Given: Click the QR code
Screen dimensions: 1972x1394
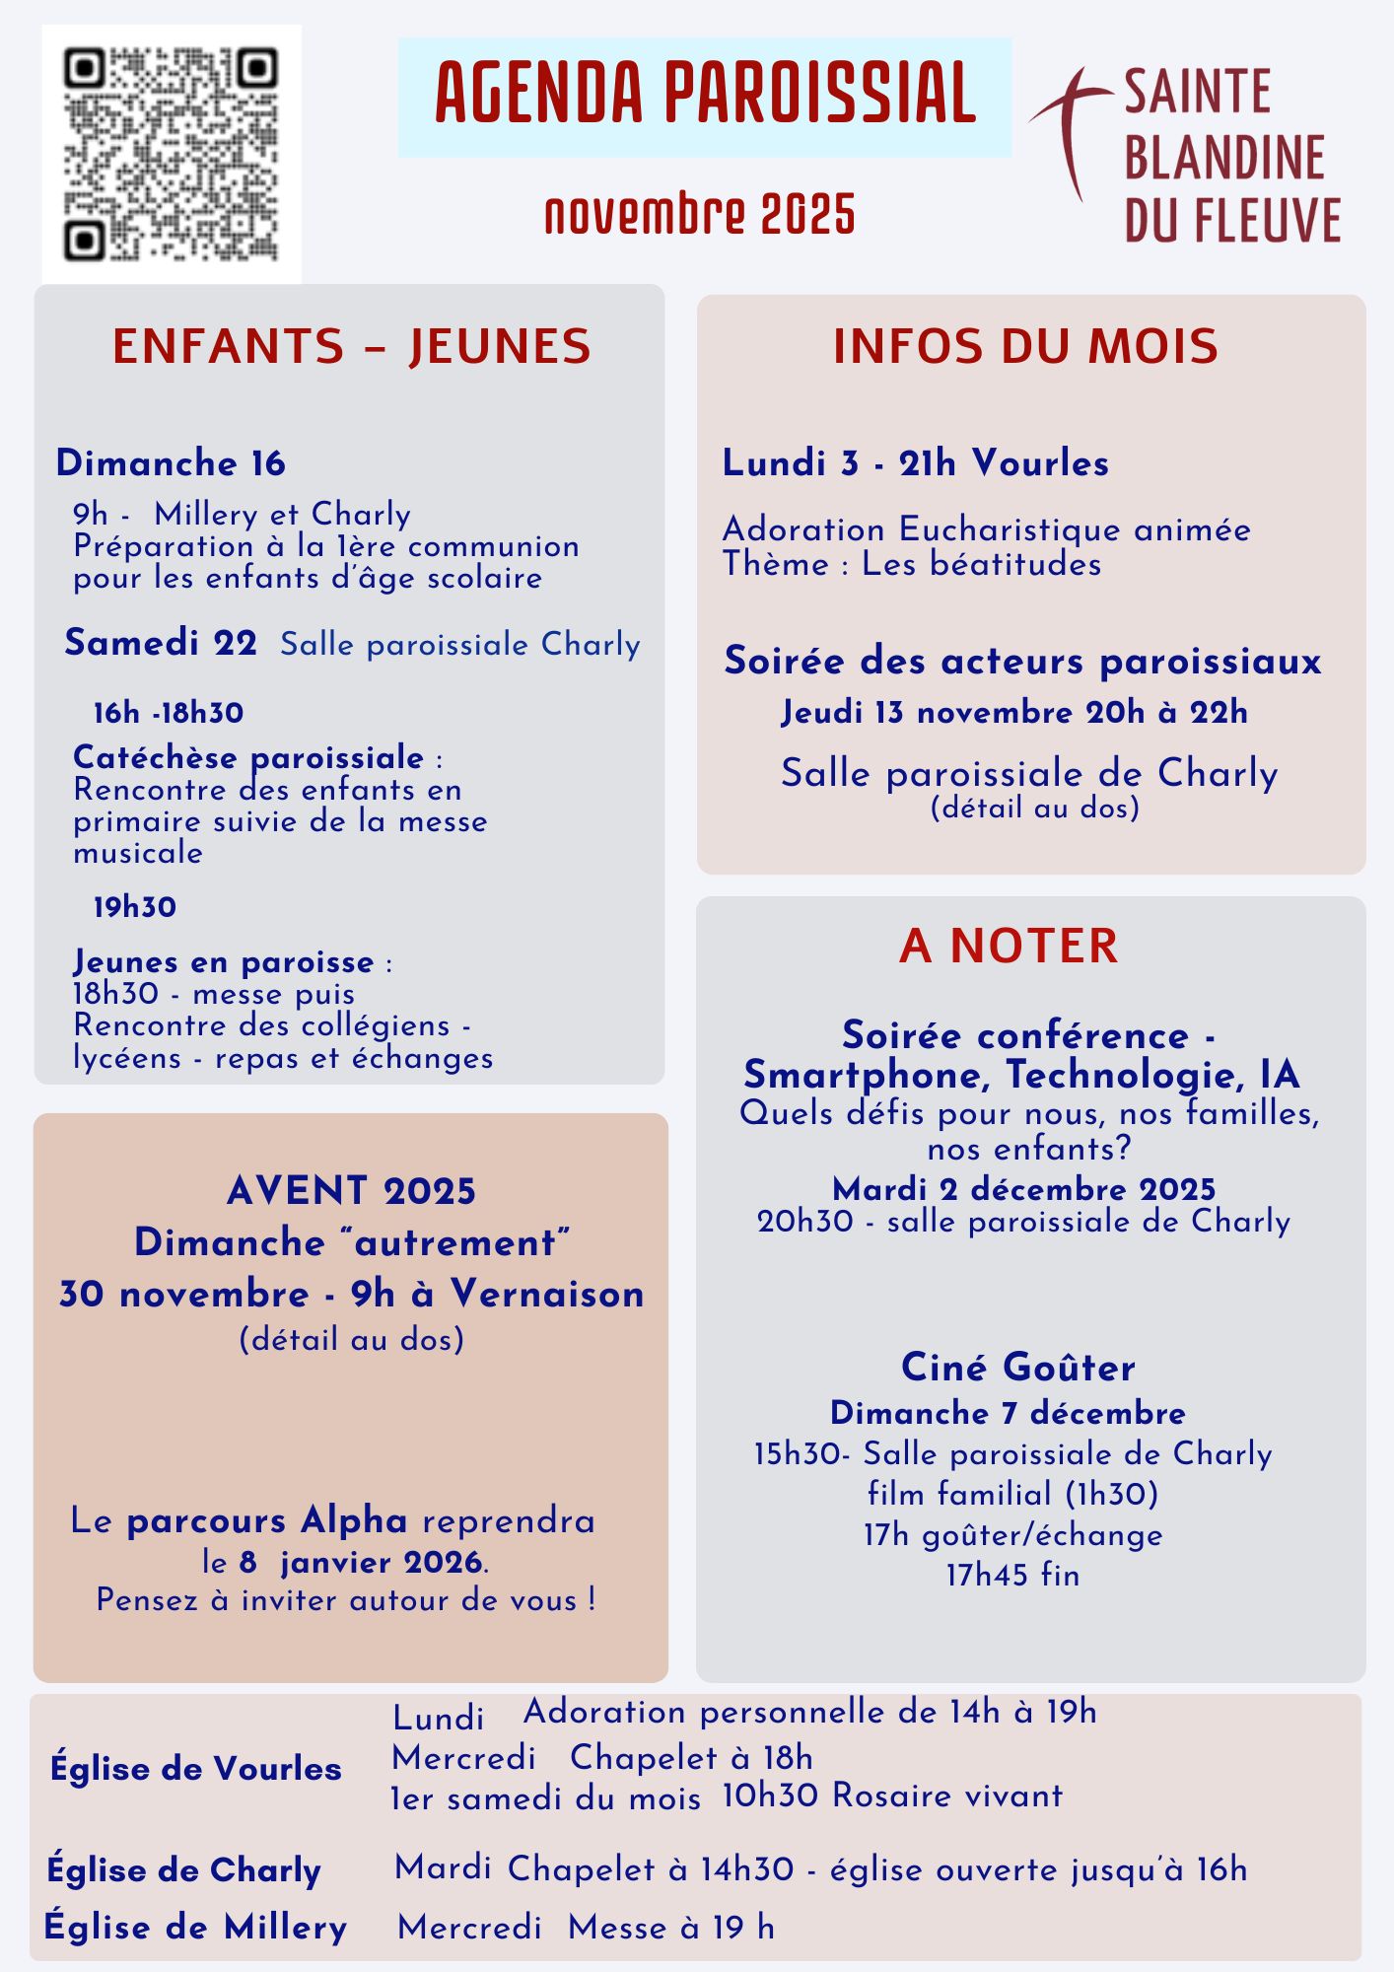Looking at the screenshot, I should tap(171, 154).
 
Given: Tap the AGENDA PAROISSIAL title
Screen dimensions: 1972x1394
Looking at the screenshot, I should tap(705, 96).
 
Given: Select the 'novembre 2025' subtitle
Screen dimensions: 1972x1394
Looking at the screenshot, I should tap(700, 214).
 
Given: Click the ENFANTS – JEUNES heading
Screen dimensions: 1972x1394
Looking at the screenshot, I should tap(351, 346).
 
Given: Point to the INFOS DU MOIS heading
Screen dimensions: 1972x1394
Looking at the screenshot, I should tap(1025, 346).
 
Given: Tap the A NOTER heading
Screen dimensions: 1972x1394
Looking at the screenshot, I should tap(1009, 946).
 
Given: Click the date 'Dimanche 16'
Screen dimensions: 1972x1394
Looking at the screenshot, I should tap(171, 462).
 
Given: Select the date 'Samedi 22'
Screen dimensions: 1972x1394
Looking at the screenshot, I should tap(161, 643).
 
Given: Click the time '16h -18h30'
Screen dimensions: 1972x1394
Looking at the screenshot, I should tap(169, 713).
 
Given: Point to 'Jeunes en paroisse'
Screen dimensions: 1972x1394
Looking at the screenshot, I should tap(224, 961).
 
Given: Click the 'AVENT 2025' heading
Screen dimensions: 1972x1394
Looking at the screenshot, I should tap(351, 1191).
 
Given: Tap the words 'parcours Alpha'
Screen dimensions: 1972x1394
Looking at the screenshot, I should tap(267, 1520).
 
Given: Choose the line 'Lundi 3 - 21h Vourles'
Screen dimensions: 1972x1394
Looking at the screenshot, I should tap(915, 462).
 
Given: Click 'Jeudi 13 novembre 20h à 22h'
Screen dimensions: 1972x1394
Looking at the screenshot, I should tap(1014, 712).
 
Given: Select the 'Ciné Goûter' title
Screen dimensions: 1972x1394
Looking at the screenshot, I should tap(1017, 1368).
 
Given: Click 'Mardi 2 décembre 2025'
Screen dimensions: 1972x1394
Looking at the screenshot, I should tap(1023, 1189).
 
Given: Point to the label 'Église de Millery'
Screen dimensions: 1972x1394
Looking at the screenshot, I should tap(196, 1927).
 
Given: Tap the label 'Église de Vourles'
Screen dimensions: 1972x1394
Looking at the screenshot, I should tap(196, 1768).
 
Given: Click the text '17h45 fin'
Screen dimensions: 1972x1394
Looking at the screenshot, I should tap(1012, 1575).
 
